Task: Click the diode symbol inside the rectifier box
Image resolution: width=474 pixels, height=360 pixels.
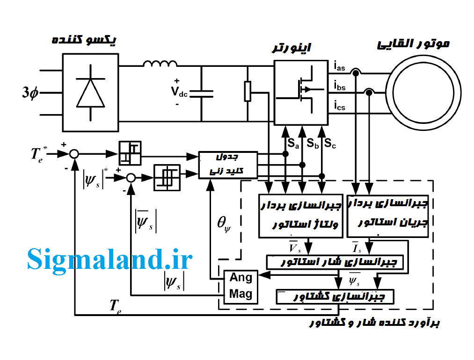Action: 91,92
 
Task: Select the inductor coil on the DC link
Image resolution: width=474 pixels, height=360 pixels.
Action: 160,65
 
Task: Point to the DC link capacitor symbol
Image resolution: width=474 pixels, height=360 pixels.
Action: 202,94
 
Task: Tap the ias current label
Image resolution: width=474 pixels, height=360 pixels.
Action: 340,67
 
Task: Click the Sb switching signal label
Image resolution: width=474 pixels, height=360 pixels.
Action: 313,144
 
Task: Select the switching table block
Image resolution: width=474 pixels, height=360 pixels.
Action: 228,165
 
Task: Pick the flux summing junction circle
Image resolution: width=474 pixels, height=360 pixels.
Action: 131,178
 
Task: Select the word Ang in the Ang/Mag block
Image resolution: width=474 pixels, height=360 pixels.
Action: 241,278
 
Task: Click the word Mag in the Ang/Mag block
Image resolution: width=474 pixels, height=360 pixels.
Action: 241,294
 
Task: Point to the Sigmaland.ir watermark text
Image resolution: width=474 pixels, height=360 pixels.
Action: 110,259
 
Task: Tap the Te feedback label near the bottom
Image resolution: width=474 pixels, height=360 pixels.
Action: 116,306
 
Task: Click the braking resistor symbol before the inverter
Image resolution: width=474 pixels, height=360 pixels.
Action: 248,91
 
